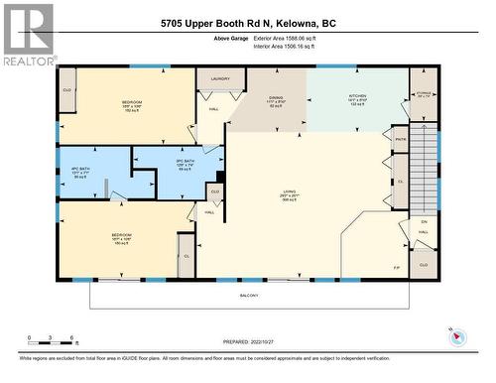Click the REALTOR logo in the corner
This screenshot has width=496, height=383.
click(x=27, y=35)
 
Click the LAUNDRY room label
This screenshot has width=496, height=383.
click(x=219, y=77)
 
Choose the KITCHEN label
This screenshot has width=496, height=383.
click(x=357, y=98)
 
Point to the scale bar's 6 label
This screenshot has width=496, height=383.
click(x=72, y=337)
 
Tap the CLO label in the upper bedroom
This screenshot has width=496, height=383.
click(x=67, y=87)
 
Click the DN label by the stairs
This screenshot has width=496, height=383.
click(x=424, y=221)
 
